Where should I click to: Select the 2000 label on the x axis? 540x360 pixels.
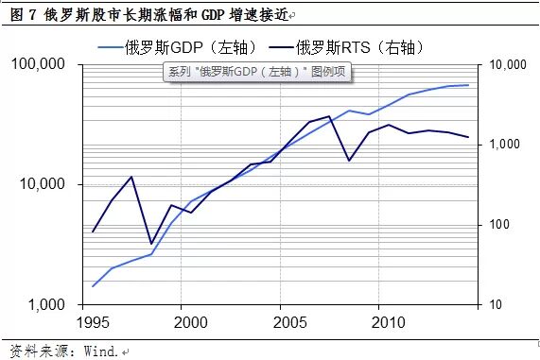[x=190, y=323]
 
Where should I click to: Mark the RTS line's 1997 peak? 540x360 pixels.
[x=131, y=177]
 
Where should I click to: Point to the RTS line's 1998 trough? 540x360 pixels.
[x=151, y=244]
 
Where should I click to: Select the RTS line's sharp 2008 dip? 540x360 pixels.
[x=348, y=161]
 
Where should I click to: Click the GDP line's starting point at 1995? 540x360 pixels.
[x=93, y=285]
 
